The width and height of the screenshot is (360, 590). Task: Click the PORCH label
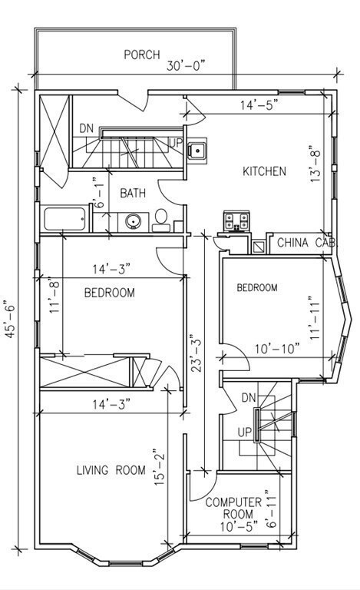coord(142,55)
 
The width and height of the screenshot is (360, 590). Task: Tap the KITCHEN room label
coord(264,171)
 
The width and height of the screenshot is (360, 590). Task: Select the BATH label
coord(133,194)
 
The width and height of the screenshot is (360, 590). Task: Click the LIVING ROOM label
coord(111,470)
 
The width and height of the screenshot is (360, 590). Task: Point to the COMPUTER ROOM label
coord(233,508)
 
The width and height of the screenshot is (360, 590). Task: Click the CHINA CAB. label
coord(307,243)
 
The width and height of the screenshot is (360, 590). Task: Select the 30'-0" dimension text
coord(186,66)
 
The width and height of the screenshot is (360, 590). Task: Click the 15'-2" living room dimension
coord(160,466)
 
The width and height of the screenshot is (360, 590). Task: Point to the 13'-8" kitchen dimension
coord(315,164)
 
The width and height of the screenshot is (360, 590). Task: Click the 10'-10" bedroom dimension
coord(277,349)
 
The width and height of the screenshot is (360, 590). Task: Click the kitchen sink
coord(197,151)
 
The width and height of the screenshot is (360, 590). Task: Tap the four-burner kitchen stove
coord(236,221)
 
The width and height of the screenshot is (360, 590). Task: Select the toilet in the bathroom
coord(161,220)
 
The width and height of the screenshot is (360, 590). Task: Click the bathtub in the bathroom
coord(64,219)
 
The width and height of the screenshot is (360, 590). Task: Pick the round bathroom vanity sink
coord(133,221)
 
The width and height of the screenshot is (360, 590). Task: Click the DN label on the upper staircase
coord(87,129)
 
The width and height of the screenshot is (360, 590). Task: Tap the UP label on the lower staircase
coord(244,433)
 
